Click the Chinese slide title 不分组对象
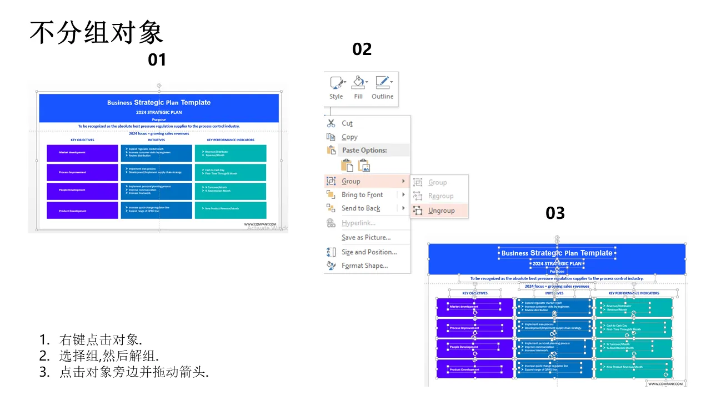tap(96, 33)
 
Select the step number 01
tap(157, 59)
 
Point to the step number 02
tap(362, 49)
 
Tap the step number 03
tap(555, 213)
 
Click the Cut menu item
tap(347, 123)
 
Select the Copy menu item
tap(349, 137)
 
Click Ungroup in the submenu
tap(441, 211)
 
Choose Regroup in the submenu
tap(440, 196)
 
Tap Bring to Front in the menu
tap(362, 194)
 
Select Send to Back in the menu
tap(360, 208)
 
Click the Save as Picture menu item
tap(366, 237)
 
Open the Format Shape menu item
tap(364, 266)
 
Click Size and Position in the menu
tap(369, 252)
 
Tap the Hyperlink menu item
tap(358, 223)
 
